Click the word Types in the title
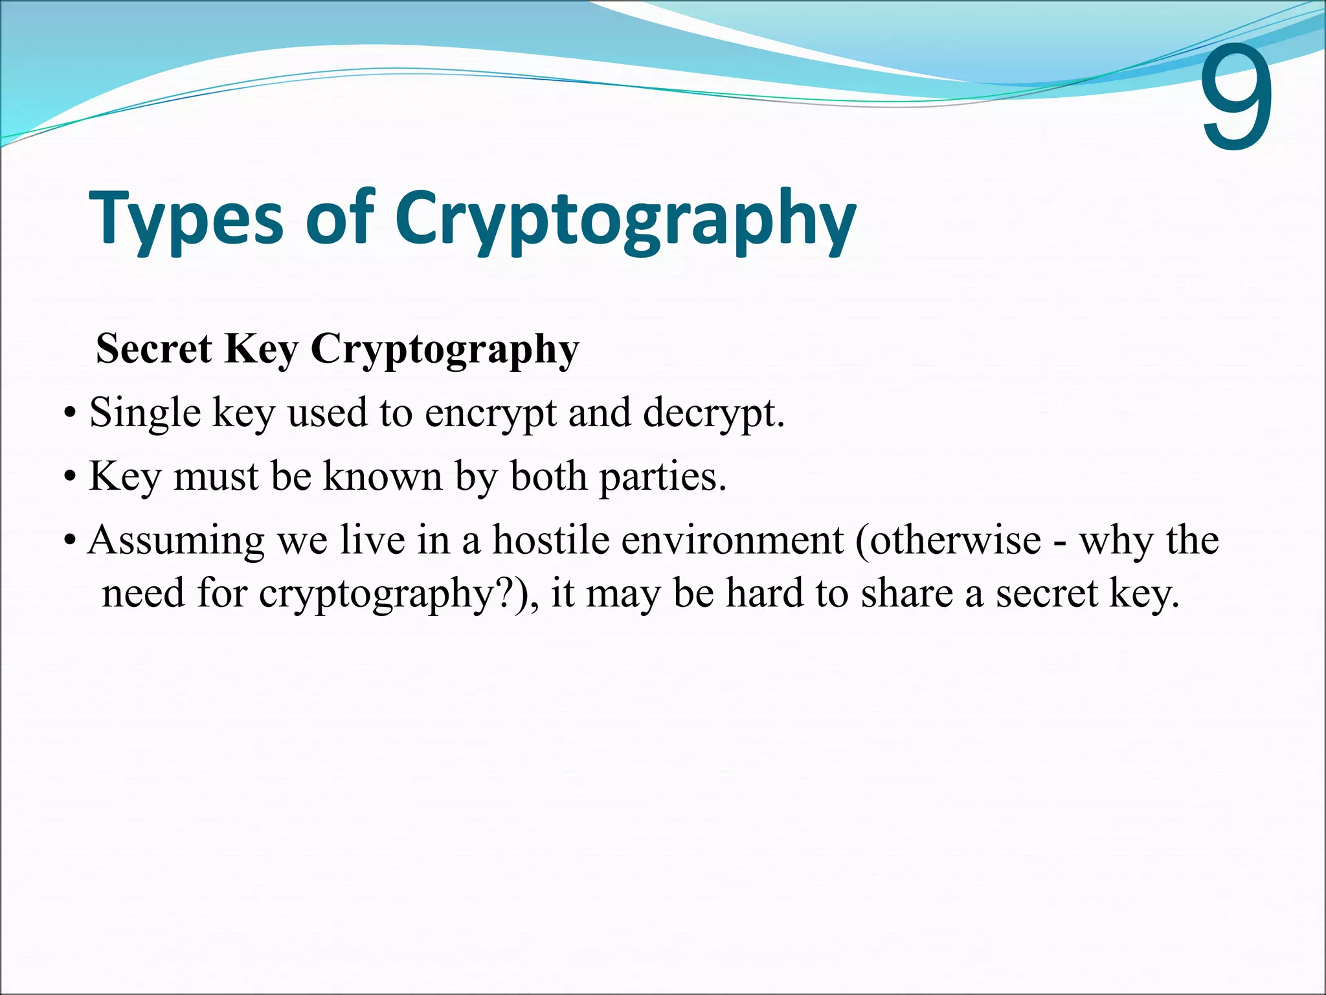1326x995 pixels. (186, 217)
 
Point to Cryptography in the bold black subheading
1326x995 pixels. (445, 350)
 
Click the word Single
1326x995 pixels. (145, 413)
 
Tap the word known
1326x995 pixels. (382, 476)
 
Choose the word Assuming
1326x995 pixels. (176, 541)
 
